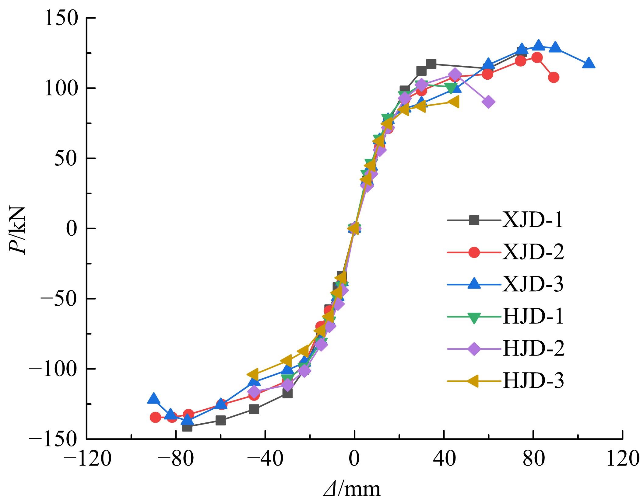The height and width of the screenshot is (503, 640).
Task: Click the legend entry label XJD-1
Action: click(x=533, y=220)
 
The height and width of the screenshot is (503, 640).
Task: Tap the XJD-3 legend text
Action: click(x=533, y=284)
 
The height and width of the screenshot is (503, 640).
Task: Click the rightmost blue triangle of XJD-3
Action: click(x=589, y=63)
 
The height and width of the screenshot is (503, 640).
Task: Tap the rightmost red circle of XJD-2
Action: click(x=553, y=77)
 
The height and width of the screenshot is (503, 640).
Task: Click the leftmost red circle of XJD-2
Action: click(x=156, y=417)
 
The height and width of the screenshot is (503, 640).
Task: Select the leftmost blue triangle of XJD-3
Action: click(x=154, y=398)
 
